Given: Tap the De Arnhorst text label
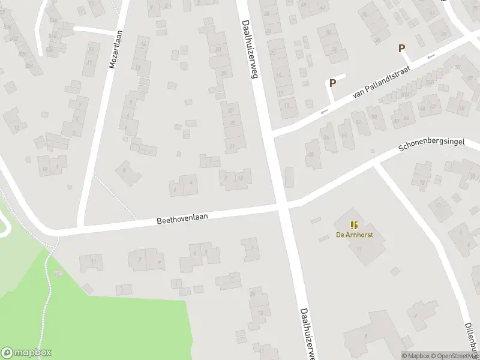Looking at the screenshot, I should point(354,235).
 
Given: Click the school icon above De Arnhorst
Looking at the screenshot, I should point(354,226).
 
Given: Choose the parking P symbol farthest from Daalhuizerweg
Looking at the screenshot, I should point(402,48).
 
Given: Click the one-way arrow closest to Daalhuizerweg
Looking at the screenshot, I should point(324,111).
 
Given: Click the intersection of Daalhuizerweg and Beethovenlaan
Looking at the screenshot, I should point(282,207).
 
